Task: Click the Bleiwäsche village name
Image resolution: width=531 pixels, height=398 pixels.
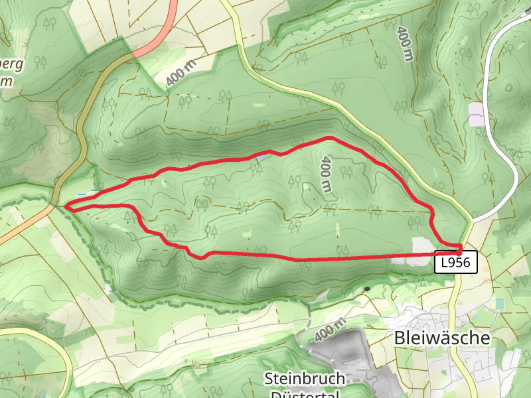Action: coord(441,338)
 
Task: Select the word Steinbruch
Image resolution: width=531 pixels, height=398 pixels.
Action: coord(305,379)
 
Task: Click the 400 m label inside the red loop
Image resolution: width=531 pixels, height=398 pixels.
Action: coord(326,174)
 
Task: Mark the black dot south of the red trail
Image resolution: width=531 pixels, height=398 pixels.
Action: coord(366,289)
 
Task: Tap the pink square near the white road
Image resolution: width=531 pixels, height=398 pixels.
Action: coord(476,114)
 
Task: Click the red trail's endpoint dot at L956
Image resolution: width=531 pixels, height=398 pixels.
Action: coord(459,251)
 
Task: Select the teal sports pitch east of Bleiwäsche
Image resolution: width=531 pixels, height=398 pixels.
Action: coord(499,303)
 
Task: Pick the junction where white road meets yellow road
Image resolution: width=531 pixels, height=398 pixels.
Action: coord(473,218)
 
